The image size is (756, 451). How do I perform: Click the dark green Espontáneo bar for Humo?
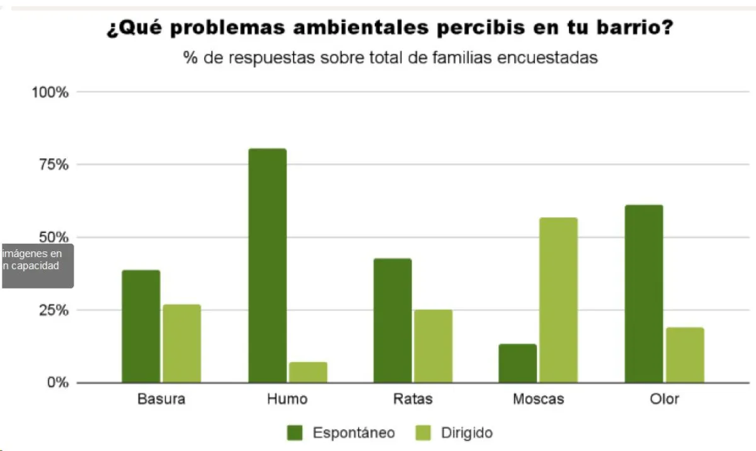267,265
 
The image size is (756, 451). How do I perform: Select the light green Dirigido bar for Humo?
308,372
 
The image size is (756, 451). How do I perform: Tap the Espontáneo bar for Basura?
141,326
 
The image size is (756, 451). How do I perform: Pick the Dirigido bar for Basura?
182,343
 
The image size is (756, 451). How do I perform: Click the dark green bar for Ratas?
392,321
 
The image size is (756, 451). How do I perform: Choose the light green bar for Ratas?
433,346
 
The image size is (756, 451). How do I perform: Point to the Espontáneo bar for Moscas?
518,363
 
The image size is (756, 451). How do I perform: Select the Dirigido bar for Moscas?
559,300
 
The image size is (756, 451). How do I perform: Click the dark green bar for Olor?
644,294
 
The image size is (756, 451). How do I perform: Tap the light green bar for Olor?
685,355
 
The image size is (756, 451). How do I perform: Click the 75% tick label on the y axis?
53,165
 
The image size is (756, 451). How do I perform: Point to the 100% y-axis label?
50,93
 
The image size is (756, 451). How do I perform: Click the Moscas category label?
539,399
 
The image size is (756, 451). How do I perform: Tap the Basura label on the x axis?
161,399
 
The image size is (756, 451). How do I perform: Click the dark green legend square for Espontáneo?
295,433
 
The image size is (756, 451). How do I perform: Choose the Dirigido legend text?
466,433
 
